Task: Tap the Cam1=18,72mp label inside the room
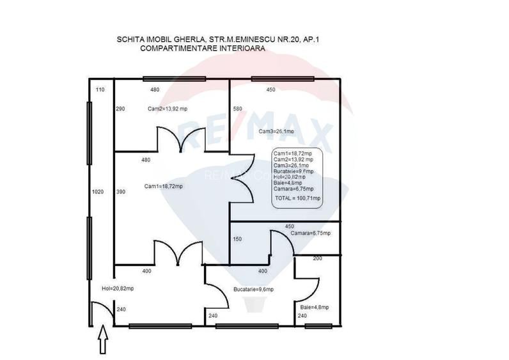[163, 187]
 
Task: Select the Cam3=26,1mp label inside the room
[276, 132]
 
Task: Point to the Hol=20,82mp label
[118, 289]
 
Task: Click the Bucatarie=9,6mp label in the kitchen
[253, 290]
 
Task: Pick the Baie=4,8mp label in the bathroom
[314, 308]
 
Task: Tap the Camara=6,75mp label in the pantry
[310, 233]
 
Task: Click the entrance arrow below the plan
[101, 341]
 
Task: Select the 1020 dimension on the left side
[97, 192]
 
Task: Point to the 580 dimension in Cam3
[237, 109]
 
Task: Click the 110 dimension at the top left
[99, 90]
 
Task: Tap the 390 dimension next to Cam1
[120, 192]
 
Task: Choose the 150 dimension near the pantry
[237, 240]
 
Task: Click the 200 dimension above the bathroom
[317, 258]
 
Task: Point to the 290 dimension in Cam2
[120, 109]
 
